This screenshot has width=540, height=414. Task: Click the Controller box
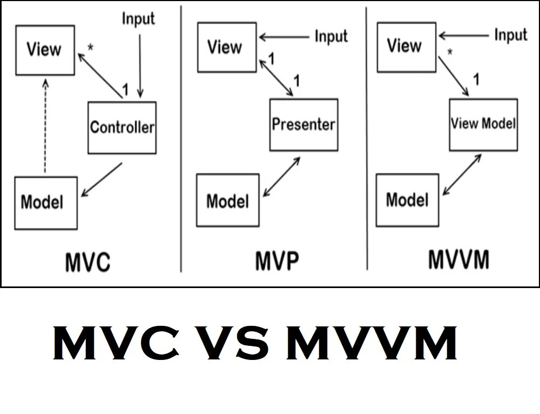(122, 128)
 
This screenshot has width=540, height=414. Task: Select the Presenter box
(303, 125)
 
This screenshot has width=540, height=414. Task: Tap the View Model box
(483, 124)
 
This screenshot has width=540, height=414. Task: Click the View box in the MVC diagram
(44, 50)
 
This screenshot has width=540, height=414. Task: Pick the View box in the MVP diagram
(226, 48)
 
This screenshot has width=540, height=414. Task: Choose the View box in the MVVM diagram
(406, 46)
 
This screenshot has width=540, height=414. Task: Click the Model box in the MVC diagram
(45, 202)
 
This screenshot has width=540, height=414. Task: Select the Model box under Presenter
(227, 201)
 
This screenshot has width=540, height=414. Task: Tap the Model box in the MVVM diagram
(407, 199)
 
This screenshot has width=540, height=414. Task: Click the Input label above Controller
(138, 19)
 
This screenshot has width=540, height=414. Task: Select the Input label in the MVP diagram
(332, 37)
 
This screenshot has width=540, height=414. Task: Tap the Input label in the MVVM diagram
(511, 36)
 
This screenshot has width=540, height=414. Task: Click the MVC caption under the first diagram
(87, 263)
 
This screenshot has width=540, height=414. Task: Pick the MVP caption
(276, 262)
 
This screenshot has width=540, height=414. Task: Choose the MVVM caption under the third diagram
(459, 260)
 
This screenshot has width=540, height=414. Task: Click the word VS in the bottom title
(236, 345)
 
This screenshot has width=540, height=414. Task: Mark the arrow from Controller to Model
(102, 179)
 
